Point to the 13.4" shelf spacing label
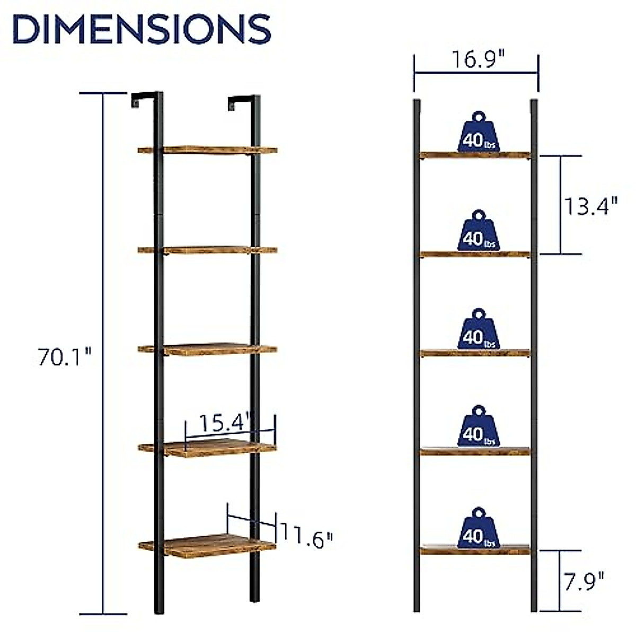tap(590, 206)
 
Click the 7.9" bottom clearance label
tap(584, 581)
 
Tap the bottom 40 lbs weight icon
tap(479, 528)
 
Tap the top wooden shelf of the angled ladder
tap(208, 150)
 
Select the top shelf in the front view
tap(475, 155)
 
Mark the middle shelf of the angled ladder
tap(208, 349)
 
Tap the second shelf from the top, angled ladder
tap(208, 249)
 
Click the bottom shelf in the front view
tap(475, 550)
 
